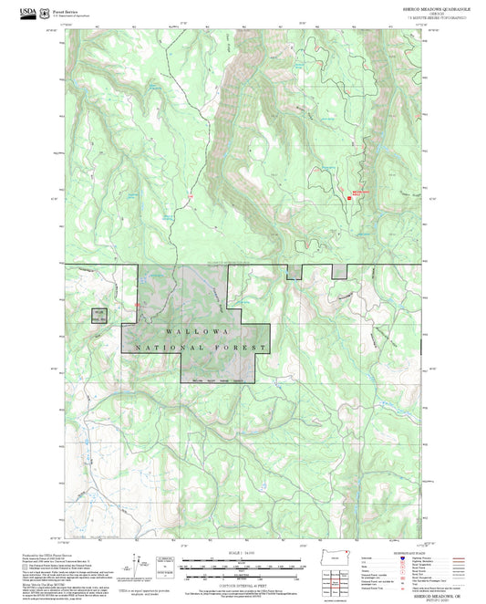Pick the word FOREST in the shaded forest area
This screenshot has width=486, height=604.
[x=242, y=347]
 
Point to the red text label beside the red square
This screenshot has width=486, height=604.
[x=363, y=193]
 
